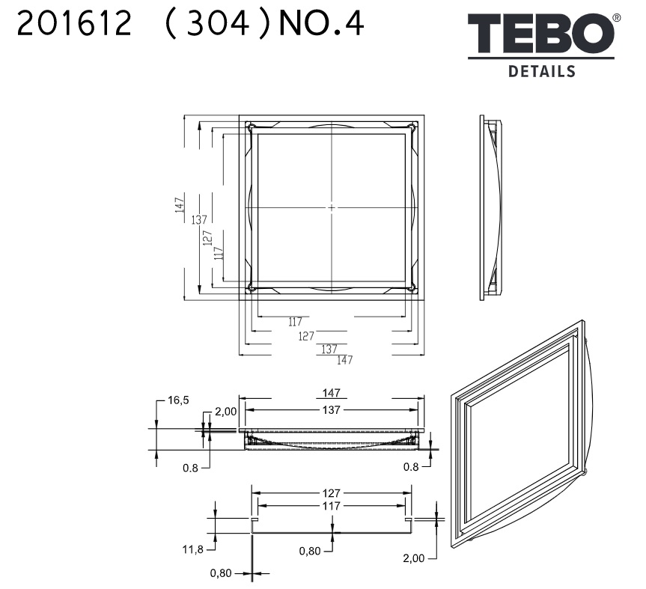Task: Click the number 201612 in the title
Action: [74, 23]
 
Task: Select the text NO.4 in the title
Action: [321, 23]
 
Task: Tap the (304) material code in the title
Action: [218, 24]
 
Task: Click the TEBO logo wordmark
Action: [540, 33]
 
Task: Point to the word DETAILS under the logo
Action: [542, 71]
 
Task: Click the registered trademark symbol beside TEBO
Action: [617, 18]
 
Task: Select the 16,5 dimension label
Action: [178, 400]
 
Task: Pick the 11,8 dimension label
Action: [193, 549]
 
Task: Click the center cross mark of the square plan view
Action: [332, 207]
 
